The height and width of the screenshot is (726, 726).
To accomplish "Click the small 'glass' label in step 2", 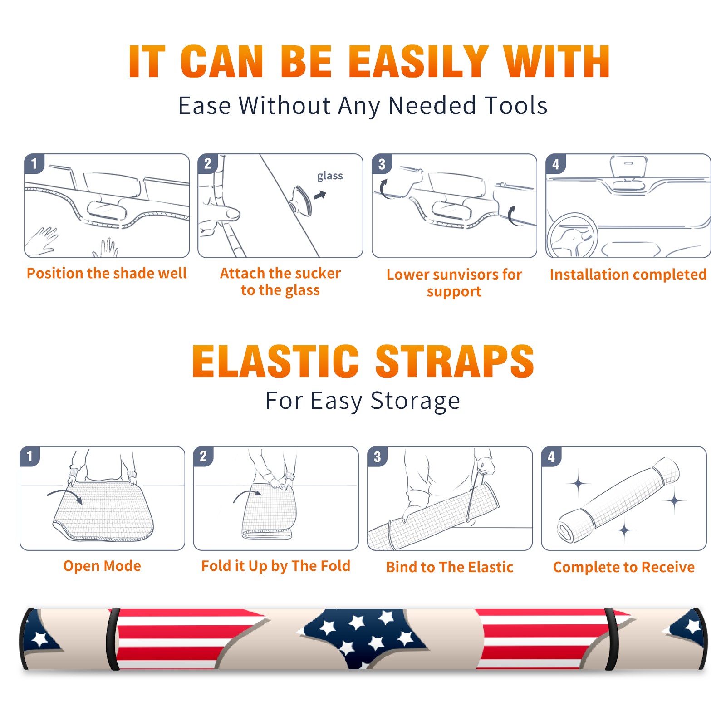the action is coord(330,176).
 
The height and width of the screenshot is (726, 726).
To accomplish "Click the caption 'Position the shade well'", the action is coord(107,273).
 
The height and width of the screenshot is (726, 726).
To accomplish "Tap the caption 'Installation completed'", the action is coord(628,274).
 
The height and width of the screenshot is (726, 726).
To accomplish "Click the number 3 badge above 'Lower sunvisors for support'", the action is coord(382,164).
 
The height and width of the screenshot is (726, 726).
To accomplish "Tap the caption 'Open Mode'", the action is coord(102,566).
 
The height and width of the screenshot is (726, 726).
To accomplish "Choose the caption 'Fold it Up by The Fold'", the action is coord(276,566).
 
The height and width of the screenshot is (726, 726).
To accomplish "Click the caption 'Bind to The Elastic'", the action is coord(450,567).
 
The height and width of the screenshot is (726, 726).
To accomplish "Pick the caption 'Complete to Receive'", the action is coord(624,567).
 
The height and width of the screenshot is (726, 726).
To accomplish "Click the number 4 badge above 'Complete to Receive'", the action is coord(551,456).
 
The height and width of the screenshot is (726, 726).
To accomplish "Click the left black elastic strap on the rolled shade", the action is coord(113,639).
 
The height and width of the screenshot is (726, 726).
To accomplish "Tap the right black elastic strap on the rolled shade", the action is coord(611,639).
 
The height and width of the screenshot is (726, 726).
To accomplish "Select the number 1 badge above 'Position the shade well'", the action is coord(34,163).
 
